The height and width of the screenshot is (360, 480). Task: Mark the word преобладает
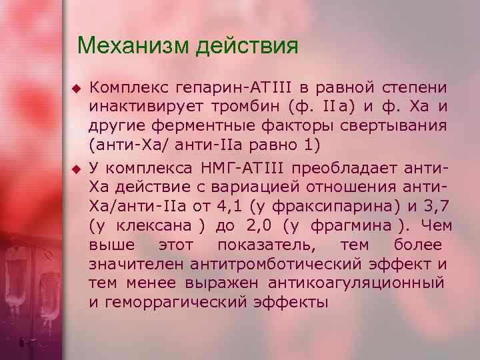(345, 165)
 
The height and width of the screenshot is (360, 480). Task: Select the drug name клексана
(145, 223)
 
